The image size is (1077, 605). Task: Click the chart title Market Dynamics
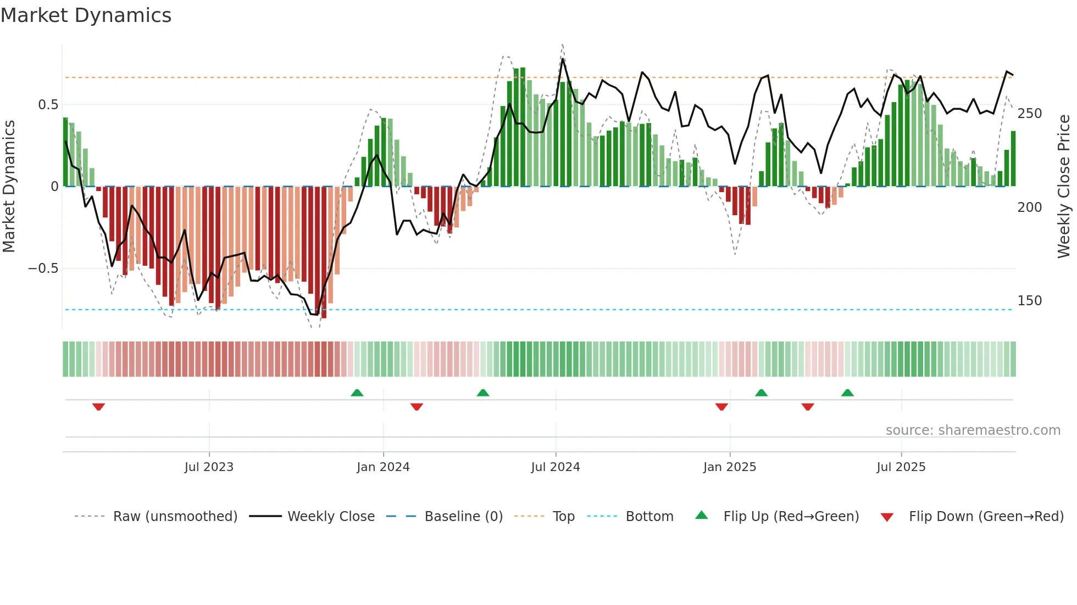click(x=86, y=15)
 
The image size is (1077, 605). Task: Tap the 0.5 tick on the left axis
click(x=48, y=105)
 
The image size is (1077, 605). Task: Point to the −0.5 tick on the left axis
click(x=43, y=268)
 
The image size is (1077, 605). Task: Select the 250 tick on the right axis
click(x=1029, y=114)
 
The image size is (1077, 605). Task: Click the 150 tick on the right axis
click(x=1029, y=301)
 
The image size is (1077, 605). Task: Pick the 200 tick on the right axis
click(x=1029, y=208)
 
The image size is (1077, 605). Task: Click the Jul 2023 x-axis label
click(x=209, y=467)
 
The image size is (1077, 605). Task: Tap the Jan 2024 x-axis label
click(x=383, y=467)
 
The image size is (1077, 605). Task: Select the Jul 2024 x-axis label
click(x=556, y=467)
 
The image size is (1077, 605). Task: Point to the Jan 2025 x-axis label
click(x=730, y=467)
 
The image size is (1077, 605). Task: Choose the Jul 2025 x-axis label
click(x=901, y=467)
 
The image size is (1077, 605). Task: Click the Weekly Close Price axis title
click(x=1064, y=187)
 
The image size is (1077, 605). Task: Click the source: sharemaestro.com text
click(x=973, y=430)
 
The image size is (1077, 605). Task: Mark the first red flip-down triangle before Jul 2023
click(x=99, y=407)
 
